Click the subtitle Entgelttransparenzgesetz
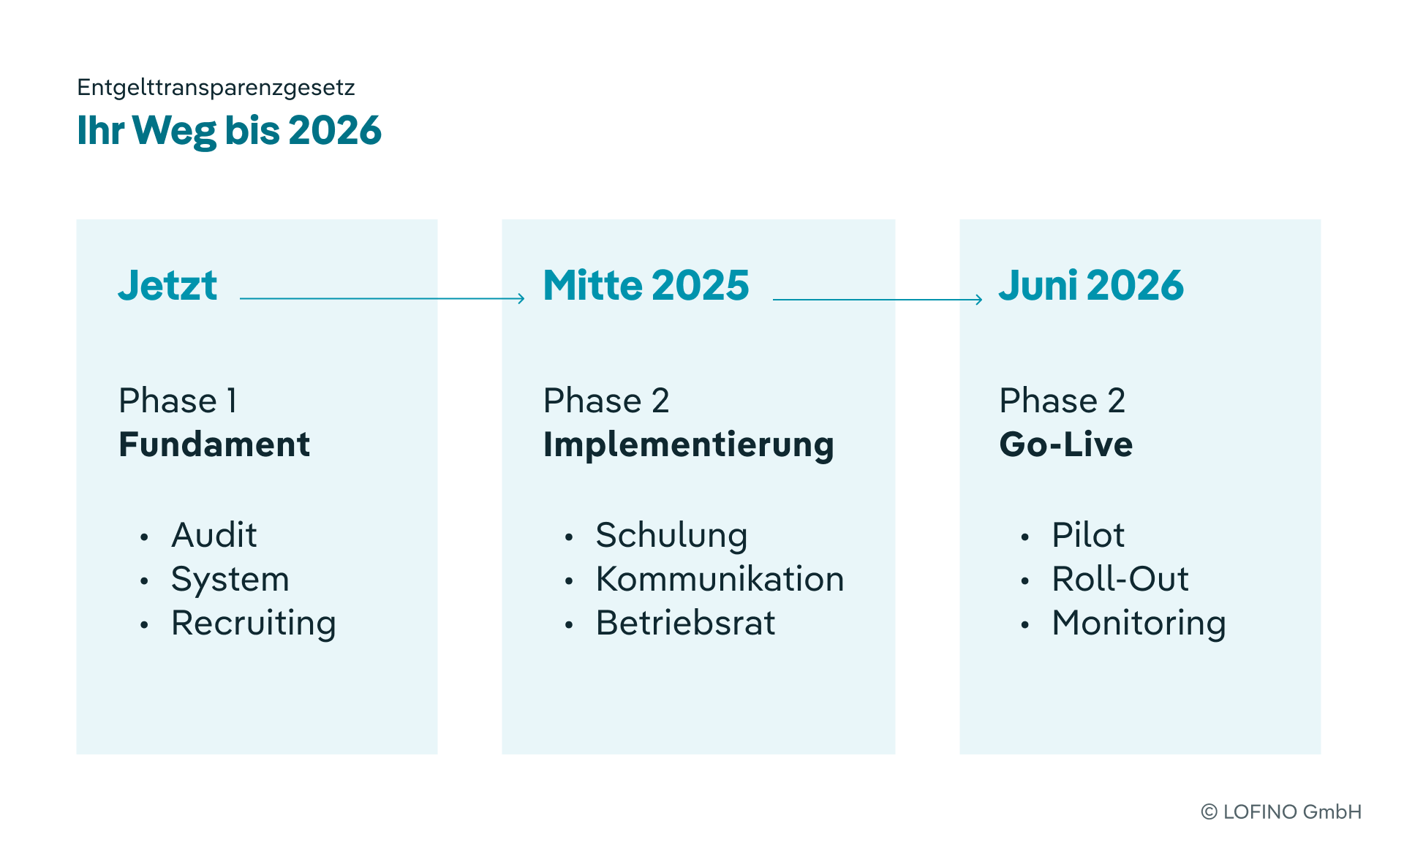point(216,88)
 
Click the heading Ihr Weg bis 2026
point(230,131)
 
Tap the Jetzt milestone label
point(167,285)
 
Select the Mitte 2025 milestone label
point(646,285)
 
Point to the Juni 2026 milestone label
point(1091,285)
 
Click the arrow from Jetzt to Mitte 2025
point(382,298)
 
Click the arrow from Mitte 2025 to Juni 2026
point(877,299)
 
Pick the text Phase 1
point(178,401)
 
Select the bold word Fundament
point(214,444)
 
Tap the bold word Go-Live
point(1066,444)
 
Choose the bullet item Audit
point(214,535)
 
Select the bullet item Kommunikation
point(720,579)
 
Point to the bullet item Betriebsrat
point(686,623)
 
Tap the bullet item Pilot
point(1088,535)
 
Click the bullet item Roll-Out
point(1120,579)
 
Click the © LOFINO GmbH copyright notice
point(1281,812)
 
